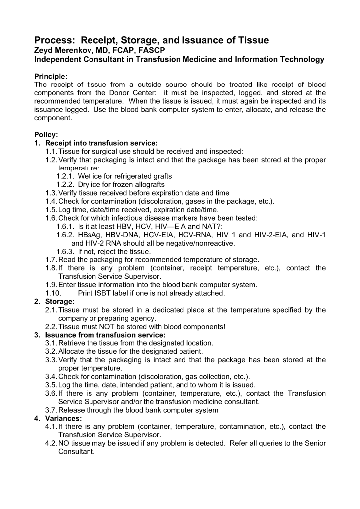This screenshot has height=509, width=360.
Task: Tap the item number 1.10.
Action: point(53,293)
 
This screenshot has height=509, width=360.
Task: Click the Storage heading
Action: point(60,301)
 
